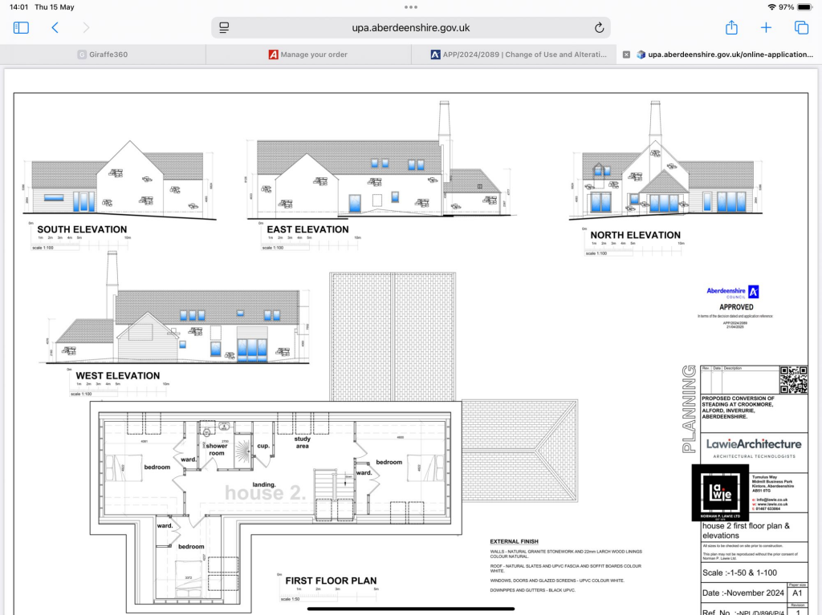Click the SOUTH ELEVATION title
pos(82,229)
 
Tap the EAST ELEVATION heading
pos(307,229)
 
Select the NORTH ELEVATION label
pos(635,235)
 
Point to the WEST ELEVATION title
pos(117,375)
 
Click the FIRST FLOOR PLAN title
pos(331,581)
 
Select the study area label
pos(303,442)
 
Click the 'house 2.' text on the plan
pos(265,494)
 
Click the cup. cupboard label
pos(262,446)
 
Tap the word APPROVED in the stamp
pos(736,307)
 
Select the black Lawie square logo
pos(720,493)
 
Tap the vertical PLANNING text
pos(689,409)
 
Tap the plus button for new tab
pos(766,27)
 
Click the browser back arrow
pos(55,27)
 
